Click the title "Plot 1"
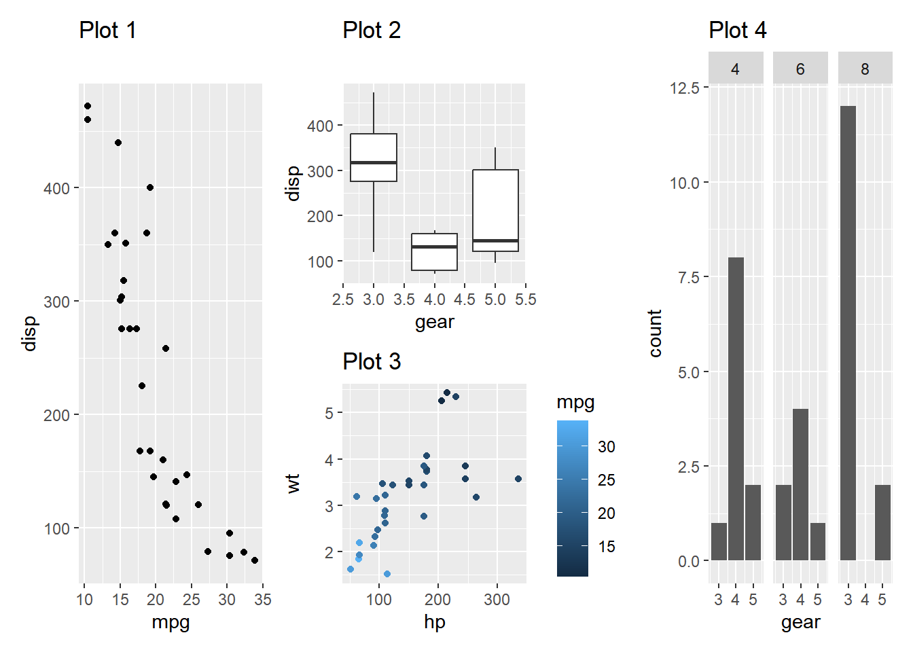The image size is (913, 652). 107,31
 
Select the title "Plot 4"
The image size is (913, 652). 737,31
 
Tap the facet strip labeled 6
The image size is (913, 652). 800,69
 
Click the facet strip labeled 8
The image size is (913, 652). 865,69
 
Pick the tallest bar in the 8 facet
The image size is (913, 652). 848,333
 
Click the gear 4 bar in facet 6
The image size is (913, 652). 800,484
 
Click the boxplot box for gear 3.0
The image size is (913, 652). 374,158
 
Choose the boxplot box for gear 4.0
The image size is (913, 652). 435,252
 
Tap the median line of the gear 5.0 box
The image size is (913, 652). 495,240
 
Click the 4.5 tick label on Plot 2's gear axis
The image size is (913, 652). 465,300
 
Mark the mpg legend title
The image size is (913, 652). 575,402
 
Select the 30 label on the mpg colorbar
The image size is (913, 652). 607,447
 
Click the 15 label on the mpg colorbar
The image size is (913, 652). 607,547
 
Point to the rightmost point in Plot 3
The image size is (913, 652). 518,479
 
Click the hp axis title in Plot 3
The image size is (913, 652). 435,621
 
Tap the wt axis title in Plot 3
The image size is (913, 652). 293,484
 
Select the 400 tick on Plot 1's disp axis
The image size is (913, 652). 56,189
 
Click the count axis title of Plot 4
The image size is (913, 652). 655,333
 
